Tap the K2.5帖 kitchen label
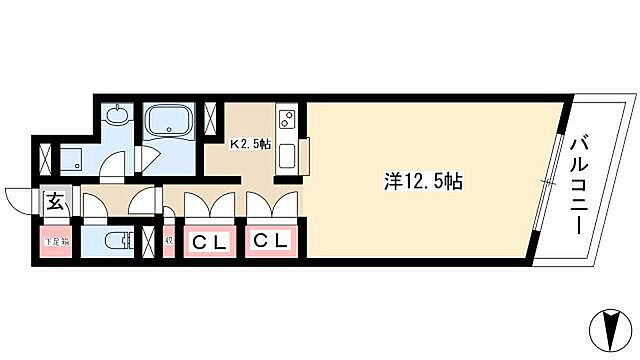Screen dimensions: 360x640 click(251, 144)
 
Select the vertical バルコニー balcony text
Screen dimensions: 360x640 click(578, 186)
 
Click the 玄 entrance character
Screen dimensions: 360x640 click(55, 201)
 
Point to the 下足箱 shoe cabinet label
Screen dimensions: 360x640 click(55, 241)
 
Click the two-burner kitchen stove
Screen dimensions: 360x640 click(285, 120)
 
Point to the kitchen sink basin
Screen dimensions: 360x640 click(287, 155)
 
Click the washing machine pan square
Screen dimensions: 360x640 click(73, 156)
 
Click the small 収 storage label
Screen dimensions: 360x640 click(168, 241)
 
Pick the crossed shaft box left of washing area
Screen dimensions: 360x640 click(45, 157)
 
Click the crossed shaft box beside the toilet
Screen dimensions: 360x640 click(150, 241)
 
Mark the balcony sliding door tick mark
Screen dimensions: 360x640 click(545, 180)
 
